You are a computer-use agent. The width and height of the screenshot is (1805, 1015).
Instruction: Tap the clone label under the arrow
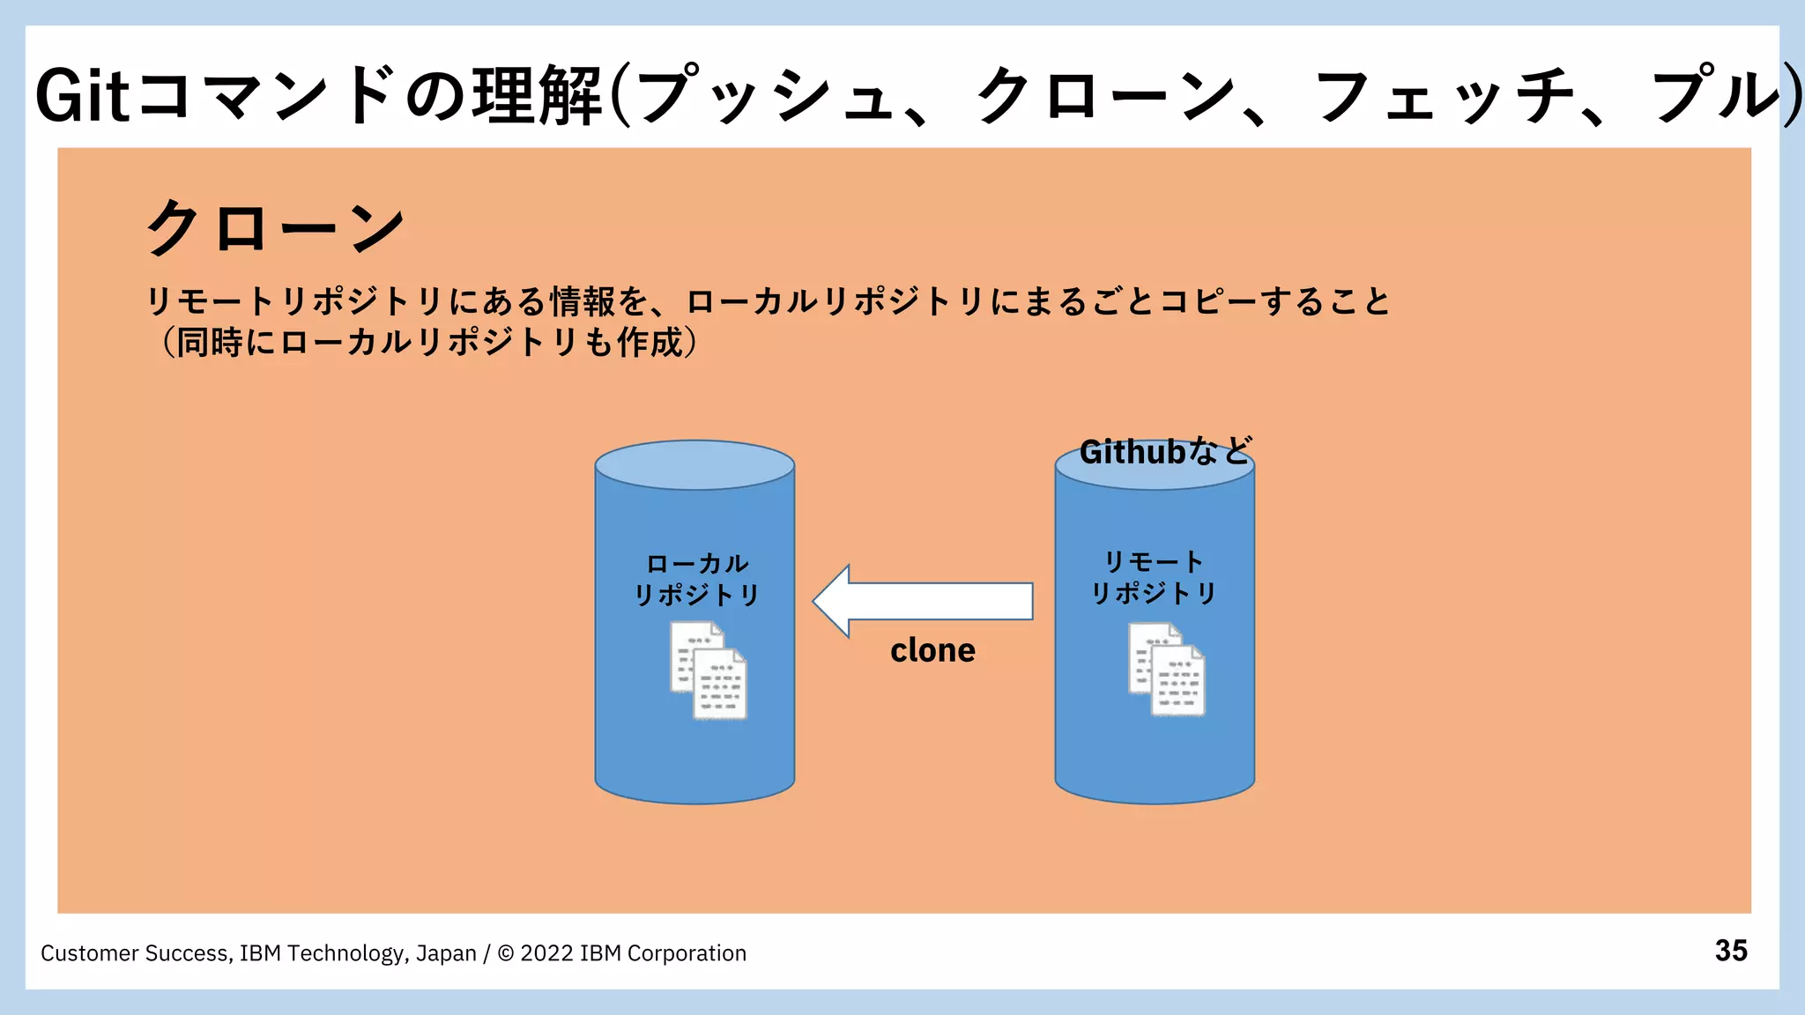(932, 650)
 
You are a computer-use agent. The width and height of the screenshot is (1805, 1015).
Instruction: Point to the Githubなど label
(1165, 452)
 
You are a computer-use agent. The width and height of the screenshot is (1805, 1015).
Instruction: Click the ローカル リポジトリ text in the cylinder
(696, 579)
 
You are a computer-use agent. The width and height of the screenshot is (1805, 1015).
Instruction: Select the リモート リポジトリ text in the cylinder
(1154, 577)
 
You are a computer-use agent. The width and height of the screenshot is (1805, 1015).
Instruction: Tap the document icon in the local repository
(709, 670)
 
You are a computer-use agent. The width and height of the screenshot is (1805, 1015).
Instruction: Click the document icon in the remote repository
(1167, 670)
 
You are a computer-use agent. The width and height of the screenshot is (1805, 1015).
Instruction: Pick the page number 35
(1731, 951)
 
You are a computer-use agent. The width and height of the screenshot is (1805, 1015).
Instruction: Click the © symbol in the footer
(506, 953)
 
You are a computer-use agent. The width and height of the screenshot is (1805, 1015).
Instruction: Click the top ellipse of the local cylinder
(695, 465)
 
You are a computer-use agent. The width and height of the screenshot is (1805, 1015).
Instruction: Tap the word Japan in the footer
(446, 953)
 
